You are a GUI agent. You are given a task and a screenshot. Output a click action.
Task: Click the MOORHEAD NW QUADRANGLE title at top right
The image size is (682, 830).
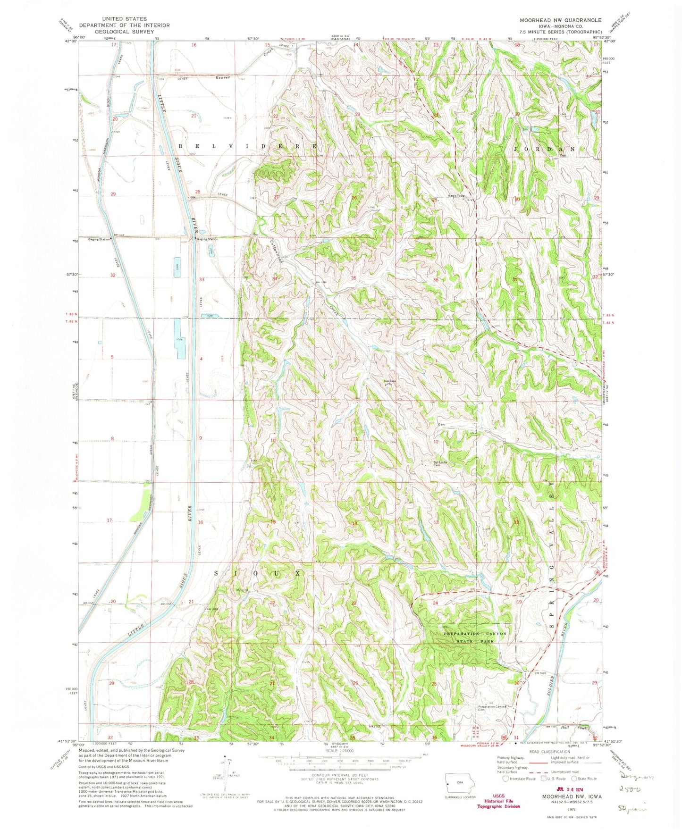pyautogui.click(x=560, y=20)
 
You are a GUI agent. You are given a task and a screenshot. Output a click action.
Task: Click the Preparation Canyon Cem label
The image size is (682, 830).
pyautogui.click(x=493, y=708)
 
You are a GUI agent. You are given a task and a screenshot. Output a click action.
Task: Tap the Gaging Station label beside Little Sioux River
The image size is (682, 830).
pyautogui.click(x=208, y=239)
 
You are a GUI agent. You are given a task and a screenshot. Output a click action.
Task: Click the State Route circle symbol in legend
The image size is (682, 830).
pyautogui.click(x=574, y=779)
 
